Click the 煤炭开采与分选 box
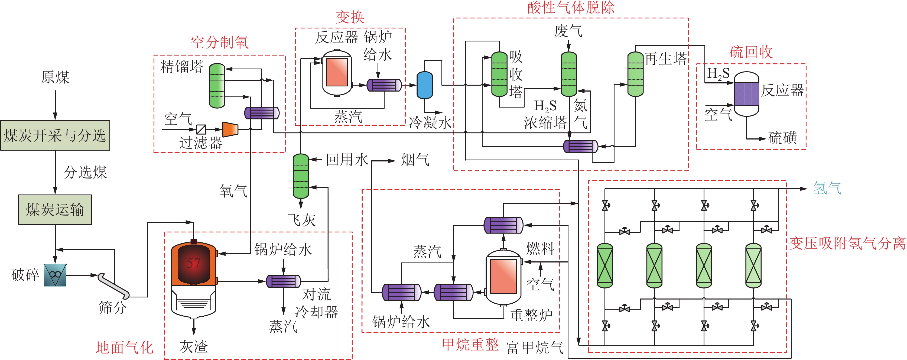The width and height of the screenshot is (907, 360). pos(55,135)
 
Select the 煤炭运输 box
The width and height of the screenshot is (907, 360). pos(55,210)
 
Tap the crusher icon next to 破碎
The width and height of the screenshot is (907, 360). pos(55,275)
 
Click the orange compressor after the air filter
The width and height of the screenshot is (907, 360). pos(231,129)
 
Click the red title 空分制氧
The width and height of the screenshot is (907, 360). pos(220,43)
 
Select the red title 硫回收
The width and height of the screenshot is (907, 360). pos(751,52)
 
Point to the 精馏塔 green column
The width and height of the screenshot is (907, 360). pos(217,86)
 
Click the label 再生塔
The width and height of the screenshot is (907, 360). pos(665,59)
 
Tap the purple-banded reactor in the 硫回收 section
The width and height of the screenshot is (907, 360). pos(746,94)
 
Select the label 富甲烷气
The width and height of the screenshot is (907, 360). pos(535,348)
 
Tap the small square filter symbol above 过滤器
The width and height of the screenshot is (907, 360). pos(201,129)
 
